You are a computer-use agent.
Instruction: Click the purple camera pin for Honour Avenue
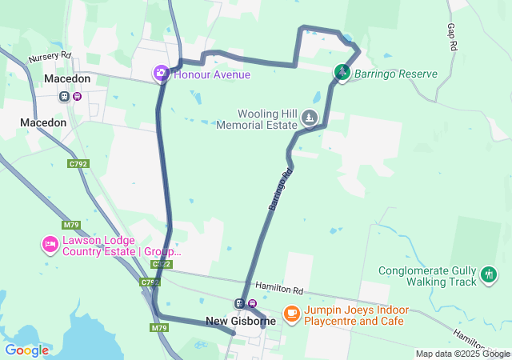click(x=161, y=74)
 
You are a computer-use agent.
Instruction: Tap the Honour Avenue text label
click(x=212, y=74)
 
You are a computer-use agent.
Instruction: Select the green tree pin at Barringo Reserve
click(x=342, y=73)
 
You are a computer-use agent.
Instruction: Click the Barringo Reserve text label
click(x=396, y=74)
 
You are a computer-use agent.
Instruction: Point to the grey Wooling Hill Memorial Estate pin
click(x=309, y=119)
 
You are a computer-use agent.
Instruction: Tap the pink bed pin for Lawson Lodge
click(x=50, y=244)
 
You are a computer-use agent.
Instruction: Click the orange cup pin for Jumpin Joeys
click(x=291, y=313)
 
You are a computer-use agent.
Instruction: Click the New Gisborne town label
click(x=240, y=321)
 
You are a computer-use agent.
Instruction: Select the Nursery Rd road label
click(x=50, y=58)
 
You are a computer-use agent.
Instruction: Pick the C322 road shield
click(x=161, y=264)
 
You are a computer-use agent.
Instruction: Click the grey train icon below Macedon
click(x=64, y=97)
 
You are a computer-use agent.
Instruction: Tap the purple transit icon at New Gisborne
click(x=252, y=303)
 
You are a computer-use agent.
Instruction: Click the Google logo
click(x=26, y=350)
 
